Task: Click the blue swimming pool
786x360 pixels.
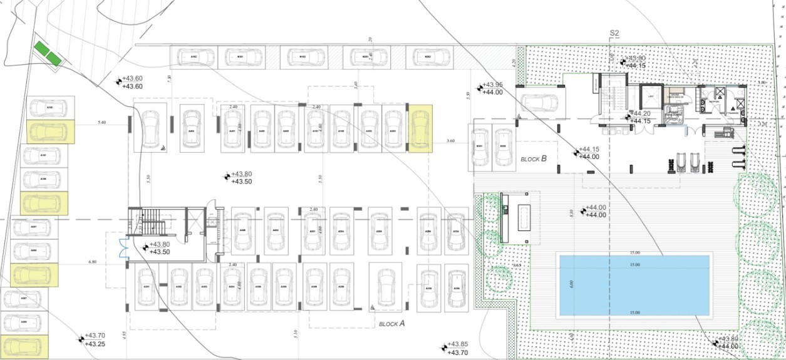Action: [634, 285]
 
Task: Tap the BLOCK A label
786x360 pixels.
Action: [392, 324]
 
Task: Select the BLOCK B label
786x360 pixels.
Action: [534, 159]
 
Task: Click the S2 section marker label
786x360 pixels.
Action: [614, 33]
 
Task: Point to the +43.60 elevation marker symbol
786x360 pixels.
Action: [119, 81]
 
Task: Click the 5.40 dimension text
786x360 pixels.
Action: [103, 123]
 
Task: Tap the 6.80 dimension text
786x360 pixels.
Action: [93, 262]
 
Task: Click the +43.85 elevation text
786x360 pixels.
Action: [458, 344]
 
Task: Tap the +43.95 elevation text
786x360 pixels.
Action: [492, 85]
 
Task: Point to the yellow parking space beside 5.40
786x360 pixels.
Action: [51, 132]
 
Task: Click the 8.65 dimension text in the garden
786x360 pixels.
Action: [517, 266]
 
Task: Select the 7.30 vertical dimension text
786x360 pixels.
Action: [169, 78]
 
